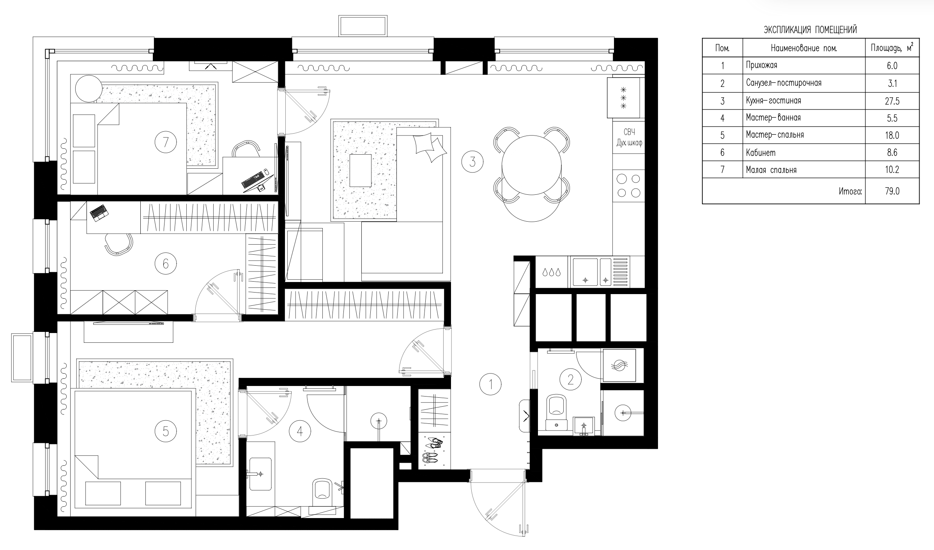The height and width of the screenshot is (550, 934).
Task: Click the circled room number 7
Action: point(166,142)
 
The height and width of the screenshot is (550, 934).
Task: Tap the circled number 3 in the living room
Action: point(472,161)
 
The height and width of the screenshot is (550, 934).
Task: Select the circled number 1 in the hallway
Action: point(490,384)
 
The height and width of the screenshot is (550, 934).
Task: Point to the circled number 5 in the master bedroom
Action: point(166,431)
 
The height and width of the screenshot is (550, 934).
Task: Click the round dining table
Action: point(532,165)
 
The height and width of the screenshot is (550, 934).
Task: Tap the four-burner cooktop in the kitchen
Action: point(628,185)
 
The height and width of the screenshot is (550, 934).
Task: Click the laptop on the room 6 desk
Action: point(99,213)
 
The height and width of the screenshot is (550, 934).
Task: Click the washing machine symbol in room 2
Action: point(619,365)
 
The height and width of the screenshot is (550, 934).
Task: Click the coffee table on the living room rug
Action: point(361,171)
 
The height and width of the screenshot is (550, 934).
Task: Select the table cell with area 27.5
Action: point(892,101)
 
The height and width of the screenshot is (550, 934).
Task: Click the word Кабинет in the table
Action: point(761,153)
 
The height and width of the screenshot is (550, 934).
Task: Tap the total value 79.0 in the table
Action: point(892,191)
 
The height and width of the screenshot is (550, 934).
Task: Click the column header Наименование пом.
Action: point(804,48)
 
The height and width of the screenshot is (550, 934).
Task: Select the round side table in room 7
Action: point(89,89)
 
